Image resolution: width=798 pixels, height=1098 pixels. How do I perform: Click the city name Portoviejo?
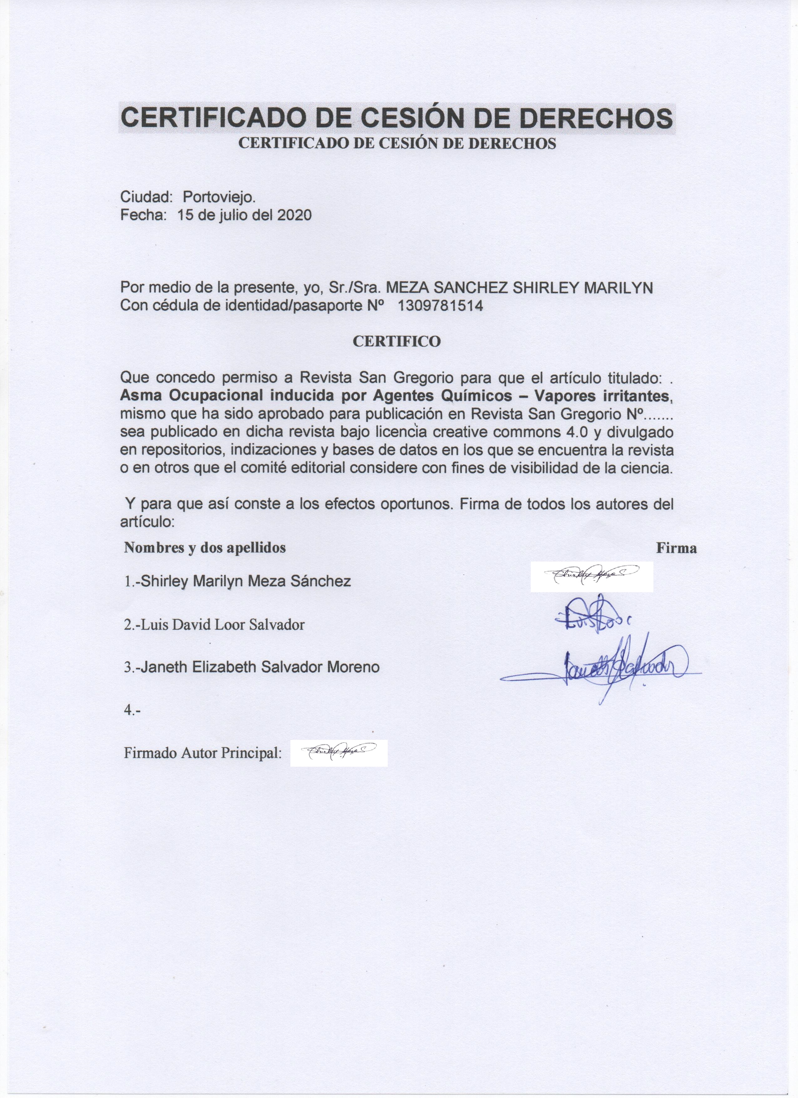pyautogui.click(x=219, y=197)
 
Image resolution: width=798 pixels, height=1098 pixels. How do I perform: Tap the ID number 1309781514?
pyautogui.click(x=440, y=306)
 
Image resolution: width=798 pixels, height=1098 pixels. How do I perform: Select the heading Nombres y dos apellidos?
pyautogui.click(x=205, y=547)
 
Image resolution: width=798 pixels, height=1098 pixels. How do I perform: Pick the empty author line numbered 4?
pyautogui.click(x=132, y=710)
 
